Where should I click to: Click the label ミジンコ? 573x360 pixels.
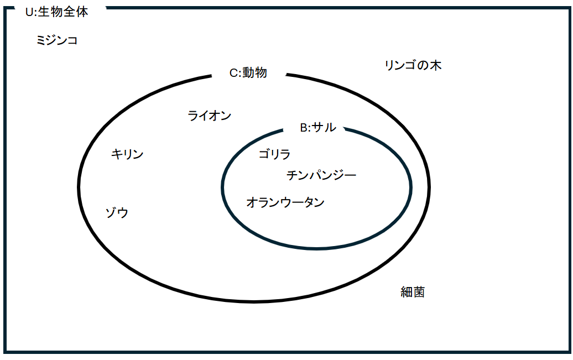(57, 40)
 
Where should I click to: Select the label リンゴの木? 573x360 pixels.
(413, 65)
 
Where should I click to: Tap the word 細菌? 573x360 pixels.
(413, 292)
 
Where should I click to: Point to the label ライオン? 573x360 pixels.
(210, 116)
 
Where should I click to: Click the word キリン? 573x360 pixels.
(127, 154)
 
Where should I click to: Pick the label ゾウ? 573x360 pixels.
(117, 212)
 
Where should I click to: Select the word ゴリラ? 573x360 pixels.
(274, 154)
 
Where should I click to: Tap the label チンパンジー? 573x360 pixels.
(321, 175)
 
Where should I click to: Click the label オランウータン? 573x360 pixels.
(285, 202)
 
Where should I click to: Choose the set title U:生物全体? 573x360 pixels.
(56, 12)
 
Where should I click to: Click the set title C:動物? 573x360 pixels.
(248, 72)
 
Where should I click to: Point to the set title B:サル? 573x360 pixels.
(318, 127)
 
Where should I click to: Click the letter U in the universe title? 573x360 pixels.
(29, 12)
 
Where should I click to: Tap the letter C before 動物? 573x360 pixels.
(234, 73)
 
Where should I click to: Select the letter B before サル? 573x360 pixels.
(304, 128)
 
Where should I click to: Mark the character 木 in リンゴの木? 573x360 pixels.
(435, 65)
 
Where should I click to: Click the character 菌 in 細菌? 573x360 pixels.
(419, 292)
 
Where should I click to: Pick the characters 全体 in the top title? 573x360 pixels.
(76, 12)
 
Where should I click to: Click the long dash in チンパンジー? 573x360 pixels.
(350, 176)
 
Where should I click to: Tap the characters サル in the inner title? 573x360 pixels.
(324, 127)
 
